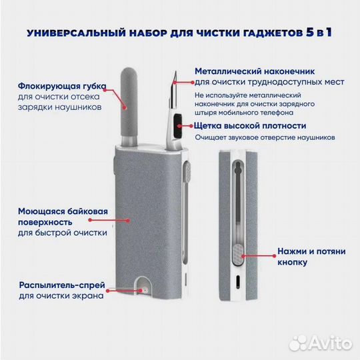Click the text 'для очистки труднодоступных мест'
(269, 82)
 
